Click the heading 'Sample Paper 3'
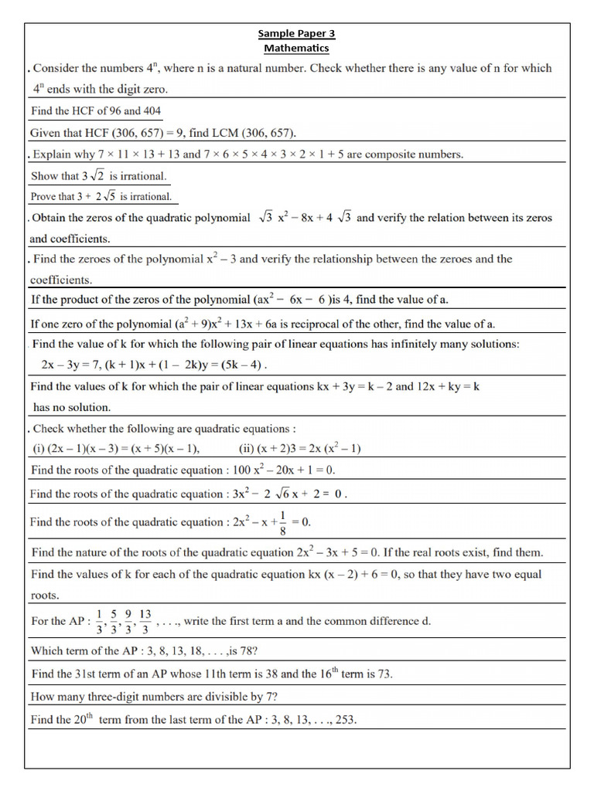click(296, 33)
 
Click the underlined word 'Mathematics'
click(296, 48)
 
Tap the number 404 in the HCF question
click(148, 110)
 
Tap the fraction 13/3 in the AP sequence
click(145, 620)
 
